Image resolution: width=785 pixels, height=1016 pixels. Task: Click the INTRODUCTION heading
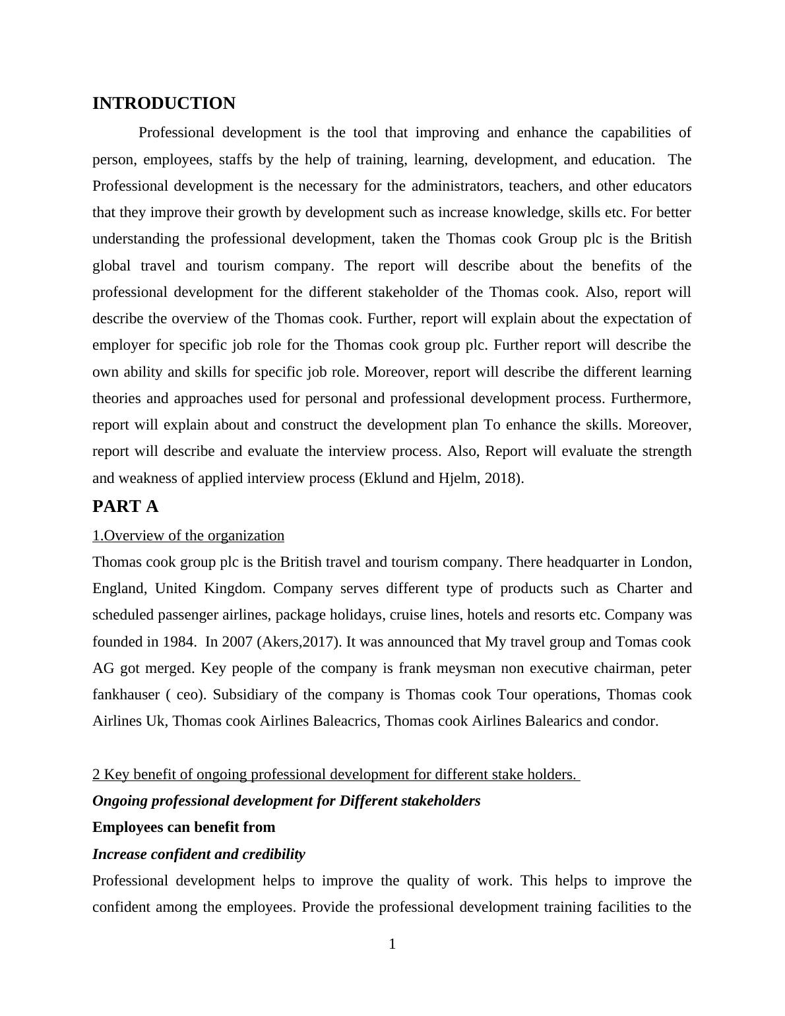point(164,104)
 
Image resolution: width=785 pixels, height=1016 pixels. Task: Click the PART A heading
point(125,507)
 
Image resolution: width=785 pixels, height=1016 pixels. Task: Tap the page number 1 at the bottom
point(392,944)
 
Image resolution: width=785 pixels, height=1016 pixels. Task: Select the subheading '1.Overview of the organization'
point(188,536)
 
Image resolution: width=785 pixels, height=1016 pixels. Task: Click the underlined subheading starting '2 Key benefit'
point(335,775)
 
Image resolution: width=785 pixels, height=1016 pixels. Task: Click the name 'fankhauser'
point(126,695)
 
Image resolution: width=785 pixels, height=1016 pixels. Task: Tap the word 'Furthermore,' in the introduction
point(651,398)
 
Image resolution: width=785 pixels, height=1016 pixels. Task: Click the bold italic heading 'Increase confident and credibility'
point(199,854)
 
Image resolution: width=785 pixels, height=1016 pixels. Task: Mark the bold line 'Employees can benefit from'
point(184,827)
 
